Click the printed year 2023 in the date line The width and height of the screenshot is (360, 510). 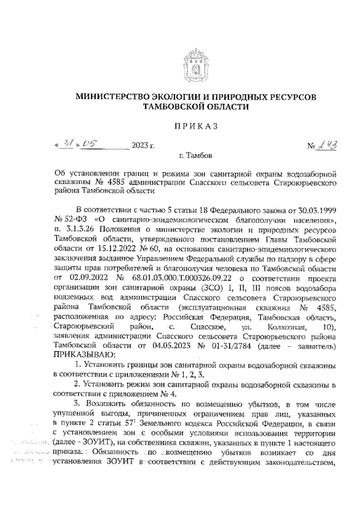(x=142, y=146)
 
